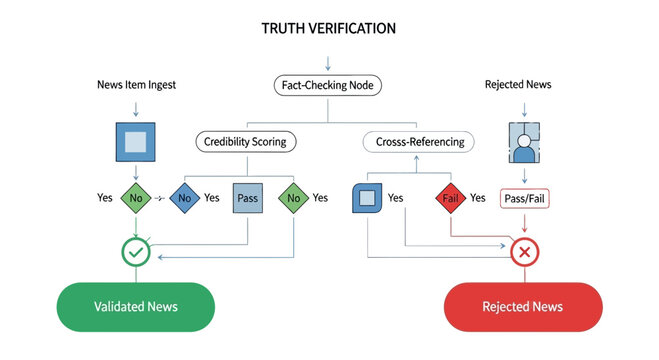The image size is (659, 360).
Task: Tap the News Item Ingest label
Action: (x=136, y=85)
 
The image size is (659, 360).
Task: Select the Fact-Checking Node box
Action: (x=329, y=86)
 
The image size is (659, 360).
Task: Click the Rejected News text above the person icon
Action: (x=518, y=85)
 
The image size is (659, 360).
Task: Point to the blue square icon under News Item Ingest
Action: (x=135, y=141)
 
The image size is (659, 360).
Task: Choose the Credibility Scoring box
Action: (x=245, y=141)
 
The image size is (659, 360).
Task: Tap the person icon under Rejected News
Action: (x=524, y=143)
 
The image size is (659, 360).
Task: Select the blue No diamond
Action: (x=184, y=198)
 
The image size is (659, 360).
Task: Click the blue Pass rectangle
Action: (x=248, y=198)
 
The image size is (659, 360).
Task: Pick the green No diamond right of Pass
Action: (x=294, y=198)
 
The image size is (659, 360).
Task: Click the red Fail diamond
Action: (x=450, y=198)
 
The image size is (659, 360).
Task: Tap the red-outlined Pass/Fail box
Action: (x=524, y=199)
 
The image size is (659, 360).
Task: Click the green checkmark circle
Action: (x=136, y=253)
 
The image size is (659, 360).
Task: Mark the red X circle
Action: (x=524, y=253)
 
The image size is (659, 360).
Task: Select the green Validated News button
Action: (x=135, y=307)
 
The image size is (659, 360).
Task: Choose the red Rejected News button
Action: (x=522, y=307)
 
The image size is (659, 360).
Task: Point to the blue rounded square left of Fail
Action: (x=367, y=199)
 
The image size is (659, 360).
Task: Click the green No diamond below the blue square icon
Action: (x=135, y=198)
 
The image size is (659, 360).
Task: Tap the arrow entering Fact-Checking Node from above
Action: (x=329, y=65)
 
